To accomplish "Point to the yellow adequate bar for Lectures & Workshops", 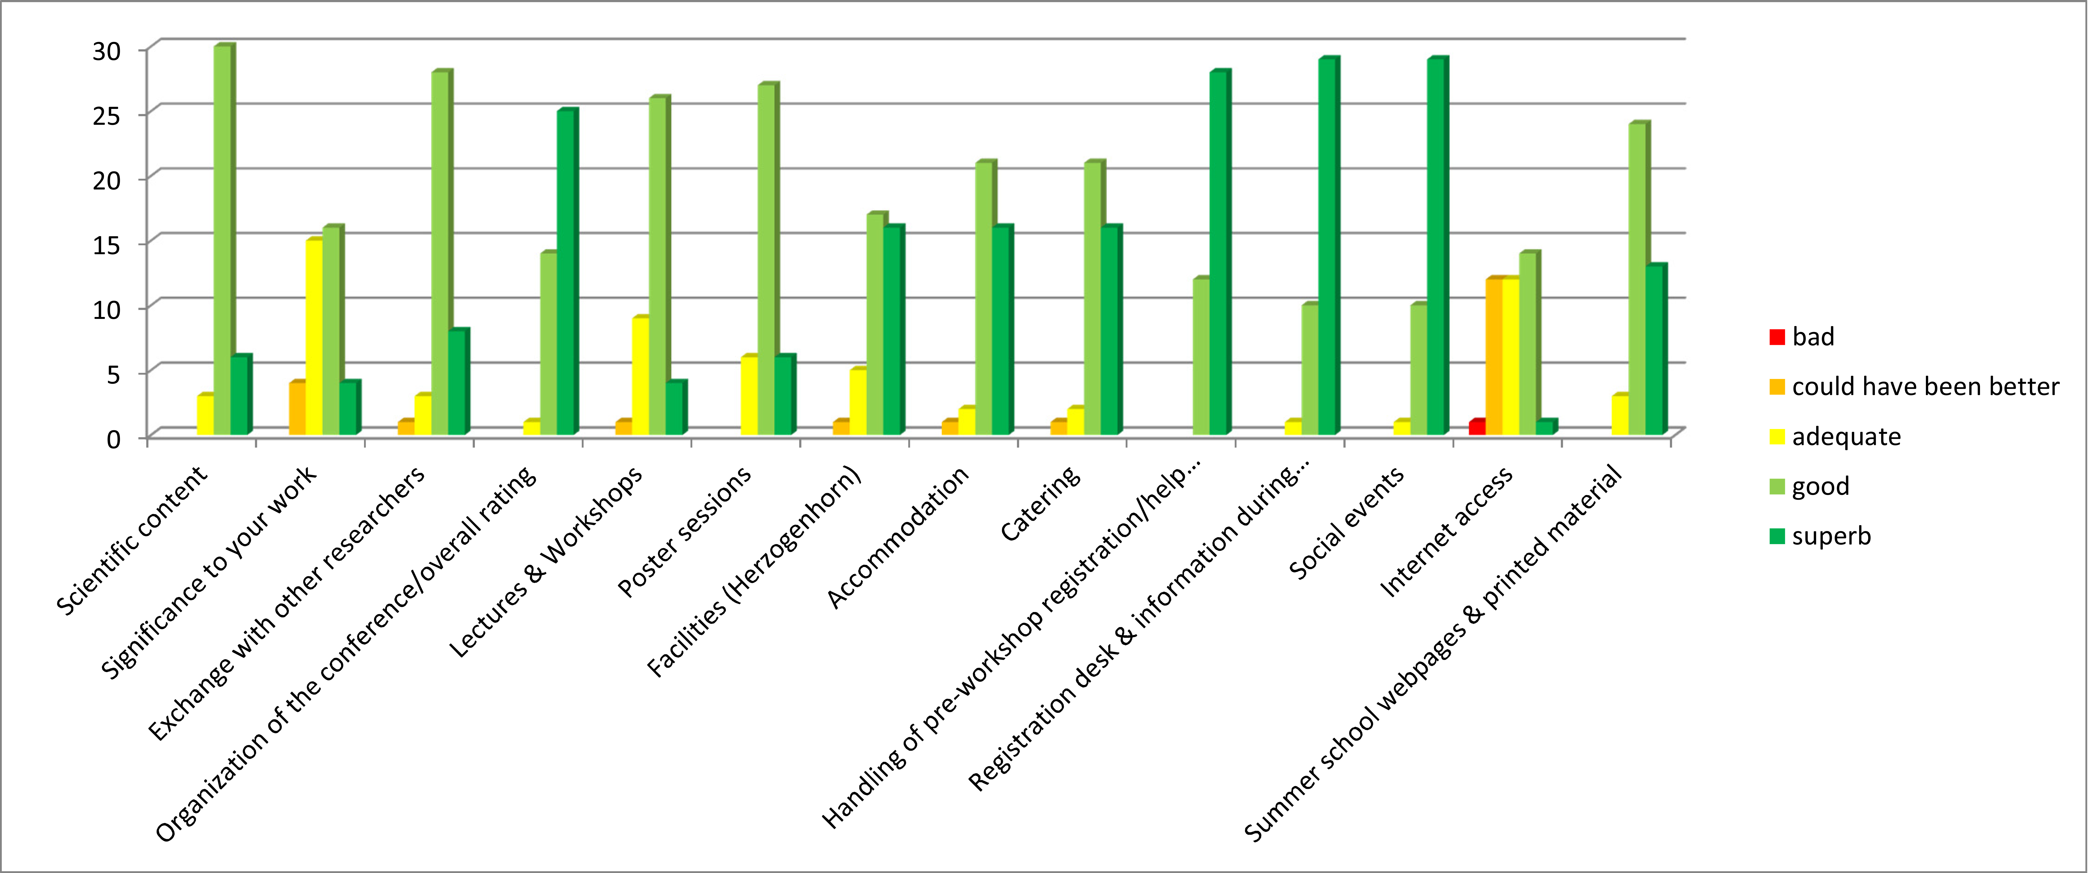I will (x=640, y=375).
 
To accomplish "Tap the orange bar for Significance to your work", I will (x=297, y=408).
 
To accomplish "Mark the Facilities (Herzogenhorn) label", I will (x=754, y=572).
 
